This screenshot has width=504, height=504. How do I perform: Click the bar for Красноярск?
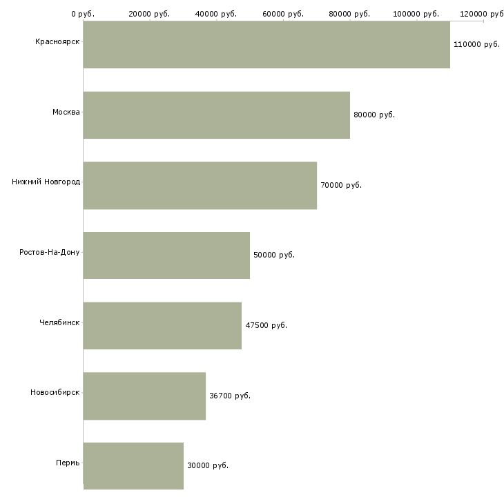266,45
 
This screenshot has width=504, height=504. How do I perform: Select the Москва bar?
217,115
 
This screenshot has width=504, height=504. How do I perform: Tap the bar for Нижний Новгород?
200,186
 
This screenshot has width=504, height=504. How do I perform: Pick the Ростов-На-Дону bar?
166,255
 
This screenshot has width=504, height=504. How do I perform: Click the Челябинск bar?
162,326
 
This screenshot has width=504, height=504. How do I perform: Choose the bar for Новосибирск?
144,396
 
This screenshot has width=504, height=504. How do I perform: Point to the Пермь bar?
133,466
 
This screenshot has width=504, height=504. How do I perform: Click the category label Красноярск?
57,42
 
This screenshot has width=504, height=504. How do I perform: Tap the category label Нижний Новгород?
46,182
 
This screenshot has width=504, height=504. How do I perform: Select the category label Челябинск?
59,322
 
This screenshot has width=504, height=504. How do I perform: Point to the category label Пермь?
68,463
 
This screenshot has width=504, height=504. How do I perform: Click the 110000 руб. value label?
476,44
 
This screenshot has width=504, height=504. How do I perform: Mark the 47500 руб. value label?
266,325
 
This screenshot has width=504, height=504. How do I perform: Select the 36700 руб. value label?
230,396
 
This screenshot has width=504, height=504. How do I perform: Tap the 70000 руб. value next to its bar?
341,185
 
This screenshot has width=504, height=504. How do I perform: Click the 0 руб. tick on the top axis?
83,14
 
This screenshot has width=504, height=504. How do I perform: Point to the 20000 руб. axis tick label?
149,14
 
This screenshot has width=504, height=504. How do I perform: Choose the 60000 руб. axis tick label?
283,14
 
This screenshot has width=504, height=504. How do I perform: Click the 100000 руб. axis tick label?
416,14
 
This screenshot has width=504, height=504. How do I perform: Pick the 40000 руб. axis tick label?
216,14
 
